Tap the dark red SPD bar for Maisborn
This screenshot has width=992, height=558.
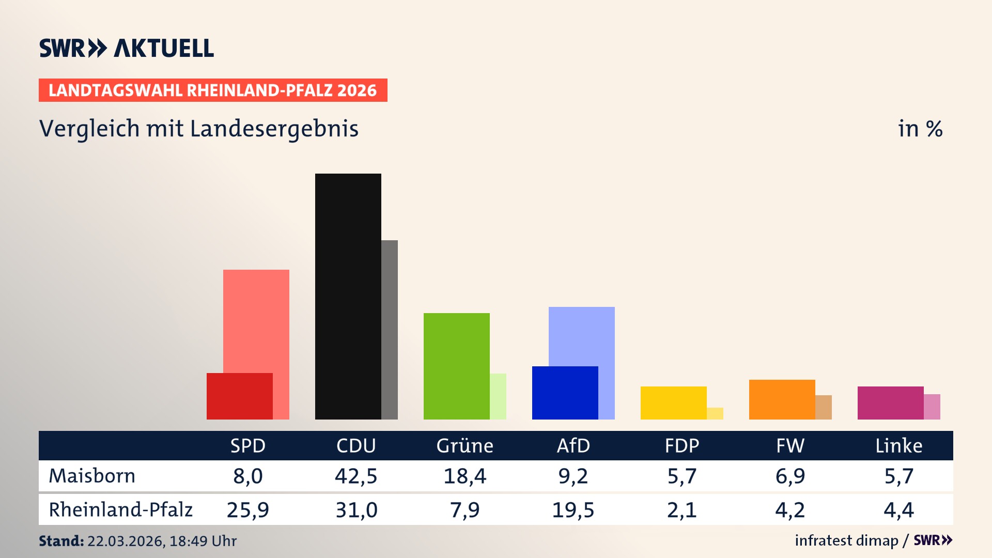(x=239, y=396)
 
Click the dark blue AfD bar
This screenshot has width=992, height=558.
(x=565, y=393)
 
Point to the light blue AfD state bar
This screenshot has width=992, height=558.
(x=582, y=336)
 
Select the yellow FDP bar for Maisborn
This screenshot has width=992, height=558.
(x=673, y=402)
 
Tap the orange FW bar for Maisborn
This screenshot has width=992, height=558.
(x=782, y=399)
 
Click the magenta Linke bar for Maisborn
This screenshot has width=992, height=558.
(x=890, y=402)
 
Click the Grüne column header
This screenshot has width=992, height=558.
(x=464, y=445)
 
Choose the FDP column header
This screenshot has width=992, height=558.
(x=681, y=445)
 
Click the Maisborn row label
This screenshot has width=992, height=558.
(x=92, y=476)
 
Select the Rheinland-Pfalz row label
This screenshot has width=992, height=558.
(x=120, y=510)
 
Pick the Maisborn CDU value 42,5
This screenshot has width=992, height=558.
(x=356, y=476)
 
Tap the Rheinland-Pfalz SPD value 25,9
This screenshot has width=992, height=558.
(x=247, y=510)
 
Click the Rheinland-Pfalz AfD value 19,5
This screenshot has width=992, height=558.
(x=573, y=510)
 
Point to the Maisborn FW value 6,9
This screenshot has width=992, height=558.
(x=790, y=476)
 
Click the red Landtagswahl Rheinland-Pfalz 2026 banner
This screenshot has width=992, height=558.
(x=213, y=90)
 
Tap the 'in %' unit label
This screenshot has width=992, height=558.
(x=920, y=129)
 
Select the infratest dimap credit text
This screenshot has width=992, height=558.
(x=846, y=540)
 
